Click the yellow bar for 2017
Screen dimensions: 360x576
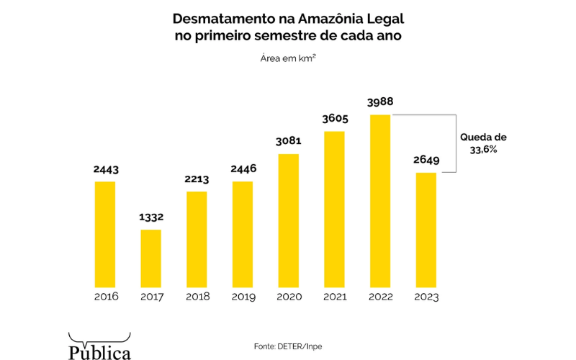tap(150, 258)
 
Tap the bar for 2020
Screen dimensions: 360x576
tap(288, 220)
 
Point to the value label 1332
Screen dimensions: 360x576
tap(150, 217)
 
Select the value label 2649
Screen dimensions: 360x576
tap(426, 161)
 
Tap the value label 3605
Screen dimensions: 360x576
tap(333, 119)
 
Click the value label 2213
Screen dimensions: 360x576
tap(196, 179)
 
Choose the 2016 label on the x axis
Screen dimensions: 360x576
tap(105, 297)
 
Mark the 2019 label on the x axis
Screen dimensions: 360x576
tap(243, 297)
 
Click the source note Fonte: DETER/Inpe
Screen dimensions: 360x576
tap(287, 346)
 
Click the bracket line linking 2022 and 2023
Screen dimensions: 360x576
tap(456, 143)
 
